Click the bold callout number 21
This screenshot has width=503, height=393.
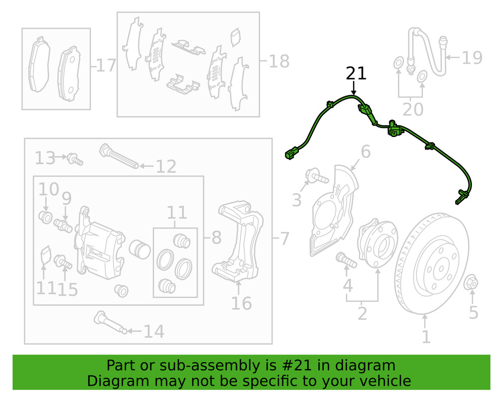(356, 73)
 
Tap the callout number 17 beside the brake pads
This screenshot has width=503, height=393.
(106, 65)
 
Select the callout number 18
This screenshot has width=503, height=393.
(279, 61)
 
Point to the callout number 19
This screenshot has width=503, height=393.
(472, 57)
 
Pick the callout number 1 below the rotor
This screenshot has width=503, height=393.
(426, 336)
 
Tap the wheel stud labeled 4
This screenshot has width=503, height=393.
(345, 260)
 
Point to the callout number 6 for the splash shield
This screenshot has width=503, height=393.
(365, 151)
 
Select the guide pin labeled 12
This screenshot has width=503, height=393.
(120, 157)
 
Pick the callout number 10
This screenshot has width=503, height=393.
(49, 189)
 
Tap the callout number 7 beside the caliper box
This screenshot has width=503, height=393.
(284, 238)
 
